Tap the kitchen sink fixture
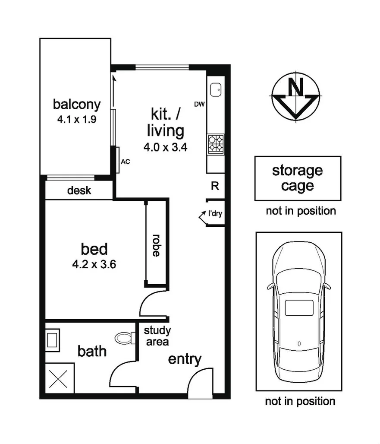point(215,89)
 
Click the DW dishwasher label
point(199,104)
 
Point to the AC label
point(125,162)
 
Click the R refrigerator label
point(215,186)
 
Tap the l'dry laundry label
point(215,213)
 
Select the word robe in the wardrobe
point(156,245)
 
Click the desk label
point(79,190)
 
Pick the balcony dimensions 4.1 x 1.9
point(76,120)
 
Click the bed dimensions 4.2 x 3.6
point(94,264)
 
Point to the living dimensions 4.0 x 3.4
point(166,147)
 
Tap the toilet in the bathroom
point(126,337)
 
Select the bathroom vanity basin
point(53,338)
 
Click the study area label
point(157,336)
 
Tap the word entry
point(185,359)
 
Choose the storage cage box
point(298,178)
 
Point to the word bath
point(92,351)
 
